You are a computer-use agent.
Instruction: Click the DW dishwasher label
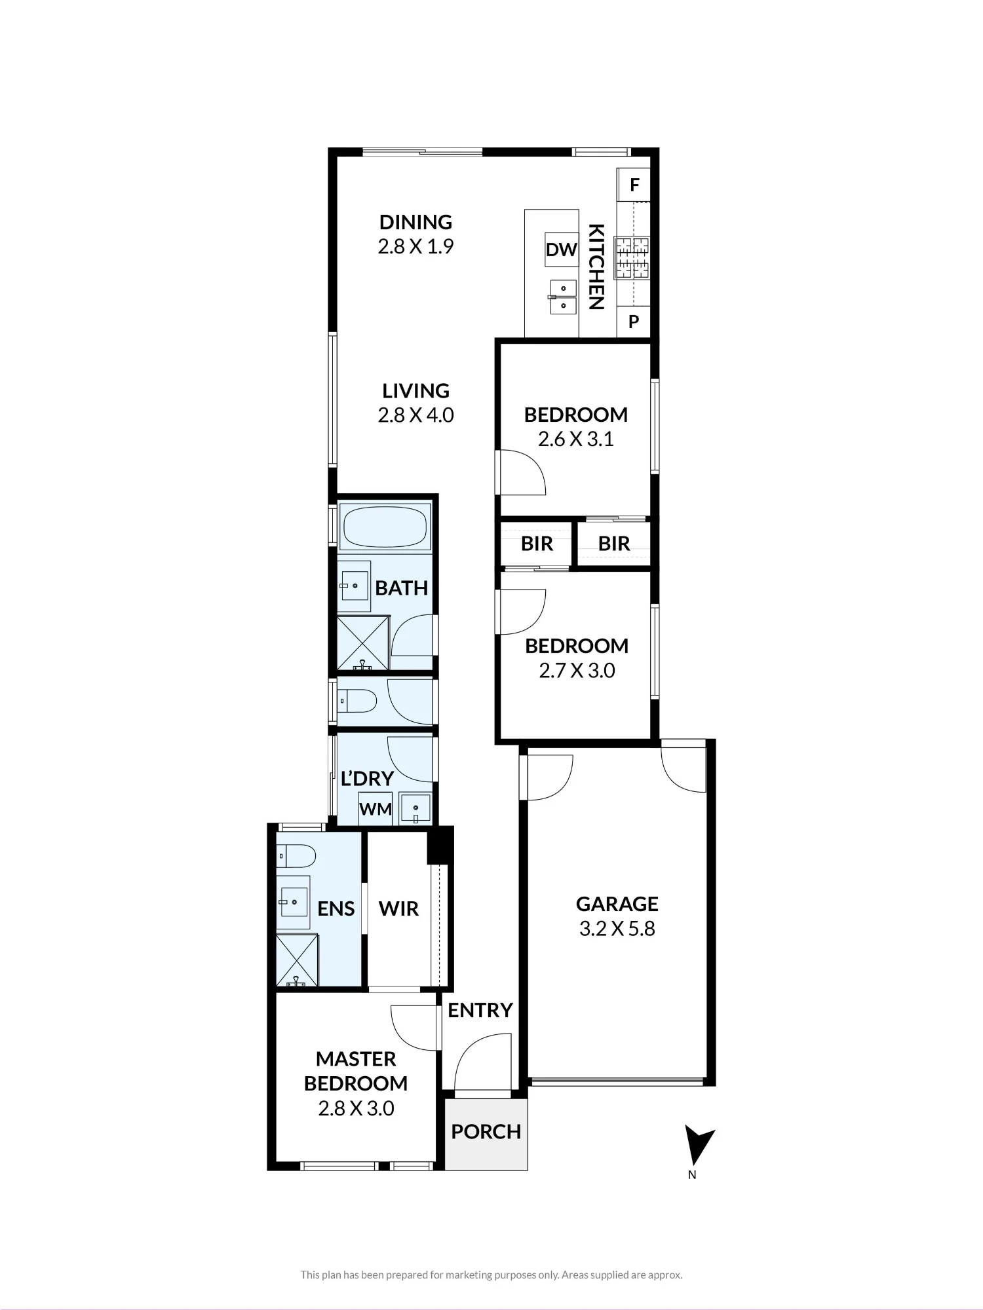(x=562, y=250)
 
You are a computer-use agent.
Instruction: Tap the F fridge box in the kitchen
(x=634, y=185)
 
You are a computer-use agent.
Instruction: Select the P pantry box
(x=634, y=322)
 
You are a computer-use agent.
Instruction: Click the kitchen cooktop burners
(x=632, y=257)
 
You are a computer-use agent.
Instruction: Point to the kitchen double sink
(x=563, y=297)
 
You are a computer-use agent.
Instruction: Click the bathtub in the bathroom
(x=385, y=527)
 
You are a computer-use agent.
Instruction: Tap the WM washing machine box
(x=376, y=808)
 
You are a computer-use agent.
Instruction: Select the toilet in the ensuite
(x=296, y=855)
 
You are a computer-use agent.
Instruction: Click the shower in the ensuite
(x=296, y=960)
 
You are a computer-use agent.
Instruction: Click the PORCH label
(x=486, y=1131)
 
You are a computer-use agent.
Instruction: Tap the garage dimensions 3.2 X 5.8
(x=617, y=929)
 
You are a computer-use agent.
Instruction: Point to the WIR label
(x=398, y=908)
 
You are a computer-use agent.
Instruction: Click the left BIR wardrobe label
(x=537, y=544)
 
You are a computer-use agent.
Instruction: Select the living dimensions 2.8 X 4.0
(x=415, y=415)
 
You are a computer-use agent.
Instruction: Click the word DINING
(x=415, y=222)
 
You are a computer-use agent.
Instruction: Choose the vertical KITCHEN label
(x=596, y=267)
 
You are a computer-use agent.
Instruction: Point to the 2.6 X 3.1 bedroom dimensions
(x=575, y=439)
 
